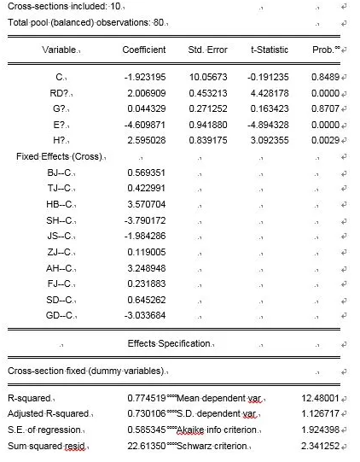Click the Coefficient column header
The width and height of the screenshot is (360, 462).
click(143, 51)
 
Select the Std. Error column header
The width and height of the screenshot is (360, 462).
click(201, 51)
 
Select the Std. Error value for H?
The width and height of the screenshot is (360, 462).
click(201, 139)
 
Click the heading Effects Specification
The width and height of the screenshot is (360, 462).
click(167, 343)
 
